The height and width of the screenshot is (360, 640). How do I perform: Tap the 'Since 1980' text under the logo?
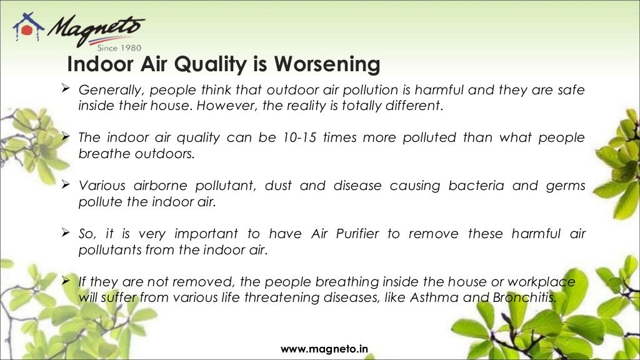[x=119, y=47]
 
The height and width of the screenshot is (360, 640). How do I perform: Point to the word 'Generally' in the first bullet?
[x=106, y=90]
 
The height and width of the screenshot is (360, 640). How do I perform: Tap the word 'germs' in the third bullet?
[x=566, y=186]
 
